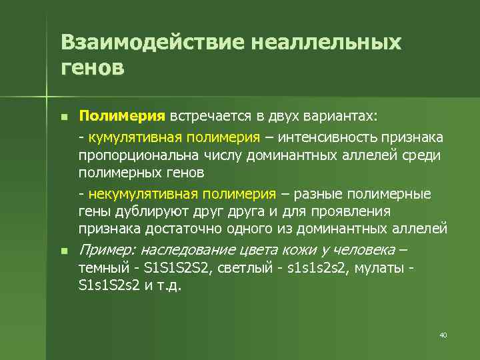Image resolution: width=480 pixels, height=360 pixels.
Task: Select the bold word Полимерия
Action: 121,117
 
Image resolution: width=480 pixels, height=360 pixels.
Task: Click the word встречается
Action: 210,117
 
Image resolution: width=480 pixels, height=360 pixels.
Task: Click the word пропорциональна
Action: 128,155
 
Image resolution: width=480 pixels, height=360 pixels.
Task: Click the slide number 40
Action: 443,335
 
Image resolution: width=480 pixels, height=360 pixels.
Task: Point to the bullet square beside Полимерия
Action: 64,117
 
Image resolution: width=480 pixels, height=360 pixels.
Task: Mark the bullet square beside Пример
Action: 64,251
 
